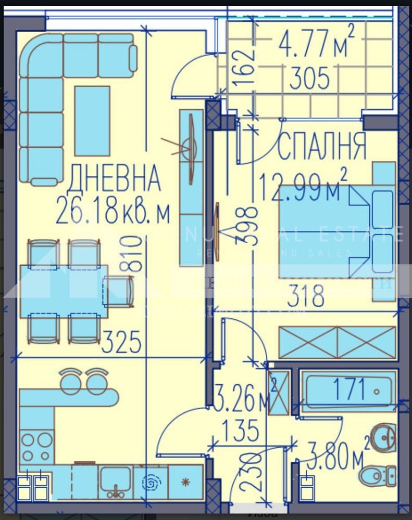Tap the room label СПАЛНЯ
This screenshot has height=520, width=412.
click(x=322, y=147)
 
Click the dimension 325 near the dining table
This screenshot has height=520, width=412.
click(x=121, y=343)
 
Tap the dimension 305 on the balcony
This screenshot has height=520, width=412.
click(x=309, y=80)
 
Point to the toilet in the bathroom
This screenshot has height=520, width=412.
click(x=380, y=474)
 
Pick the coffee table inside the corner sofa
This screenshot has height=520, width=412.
click(x=92, y=120)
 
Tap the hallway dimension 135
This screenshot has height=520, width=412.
click(x=240, y=431)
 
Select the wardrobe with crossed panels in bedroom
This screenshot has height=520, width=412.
click(x=337, y=343)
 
